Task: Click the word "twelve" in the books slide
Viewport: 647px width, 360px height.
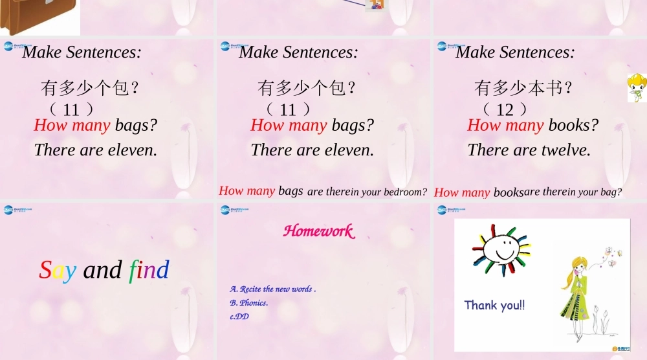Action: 566,150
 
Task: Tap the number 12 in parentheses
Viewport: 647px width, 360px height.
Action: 505,109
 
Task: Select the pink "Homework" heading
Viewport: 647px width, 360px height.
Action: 318,231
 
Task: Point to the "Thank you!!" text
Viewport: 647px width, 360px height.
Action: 494,305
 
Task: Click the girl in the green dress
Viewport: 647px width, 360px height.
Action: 575,295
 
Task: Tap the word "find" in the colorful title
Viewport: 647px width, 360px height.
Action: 149,269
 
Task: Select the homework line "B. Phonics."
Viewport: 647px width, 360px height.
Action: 249,302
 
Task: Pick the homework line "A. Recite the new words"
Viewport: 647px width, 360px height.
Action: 272,289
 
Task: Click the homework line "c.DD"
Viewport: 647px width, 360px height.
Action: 239,316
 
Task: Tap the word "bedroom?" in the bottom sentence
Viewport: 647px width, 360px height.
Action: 406,192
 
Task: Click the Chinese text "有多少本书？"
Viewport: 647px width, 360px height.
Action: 523,87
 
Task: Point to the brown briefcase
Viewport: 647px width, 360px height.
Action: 39,16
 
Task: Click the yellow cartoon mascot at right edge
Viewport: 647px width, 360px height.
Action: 637,87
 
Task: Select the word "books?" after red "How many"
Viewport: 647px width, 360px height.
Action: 573,125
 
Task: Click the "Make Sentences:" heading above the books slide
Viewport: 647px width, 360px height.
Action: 515,52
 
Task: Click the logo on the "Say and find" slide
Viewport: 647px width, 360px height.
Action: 17,209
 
